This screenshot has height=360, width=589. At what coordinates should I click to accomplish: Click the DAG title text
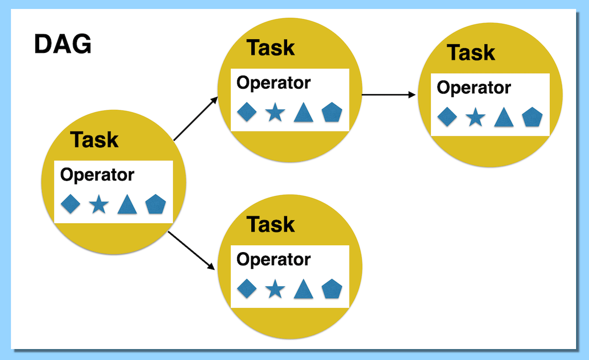62,45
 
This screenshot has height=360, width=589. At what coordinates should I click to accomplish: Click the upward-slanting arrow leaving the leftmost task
196,119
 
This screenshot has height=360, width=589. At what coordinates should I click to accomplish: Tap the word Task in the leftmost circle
94,140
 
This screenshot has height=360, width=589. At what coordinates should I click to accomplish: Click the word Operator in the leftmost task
97,175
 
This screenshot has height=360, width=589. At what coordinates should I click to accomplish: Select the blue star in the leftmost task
99,204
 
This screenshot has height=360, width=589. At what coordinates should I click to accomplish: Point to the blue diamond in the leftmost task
70,204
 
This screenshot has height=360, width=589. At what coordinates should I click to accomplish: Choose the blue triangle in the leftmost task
127,204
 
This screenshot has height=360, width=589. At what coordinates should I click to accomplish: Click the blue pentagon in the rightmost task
532,117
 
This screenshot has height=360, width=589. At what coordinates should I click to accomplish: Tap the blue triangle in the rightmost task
504,118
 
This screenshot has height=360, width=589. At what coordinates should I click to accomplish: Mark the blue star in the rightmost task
475,118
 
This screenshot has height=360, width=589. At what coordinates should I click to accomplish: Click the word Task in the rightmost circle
471,52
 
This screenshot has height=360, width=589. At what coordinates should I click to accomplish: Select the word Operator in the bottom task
273,259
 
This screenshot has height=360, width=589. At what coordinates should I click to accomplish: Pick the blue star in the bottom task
275,289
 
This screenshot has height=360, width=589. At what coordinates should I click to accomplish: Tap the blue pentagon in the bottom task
332,289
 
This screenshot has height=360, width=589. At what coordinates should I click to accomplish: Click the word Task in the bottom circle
270,225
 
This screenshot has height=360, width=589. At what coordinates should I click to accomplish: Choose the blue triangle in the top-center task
303,113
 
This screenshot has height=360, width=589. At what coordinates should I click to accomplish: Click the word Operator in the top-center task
273,83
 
